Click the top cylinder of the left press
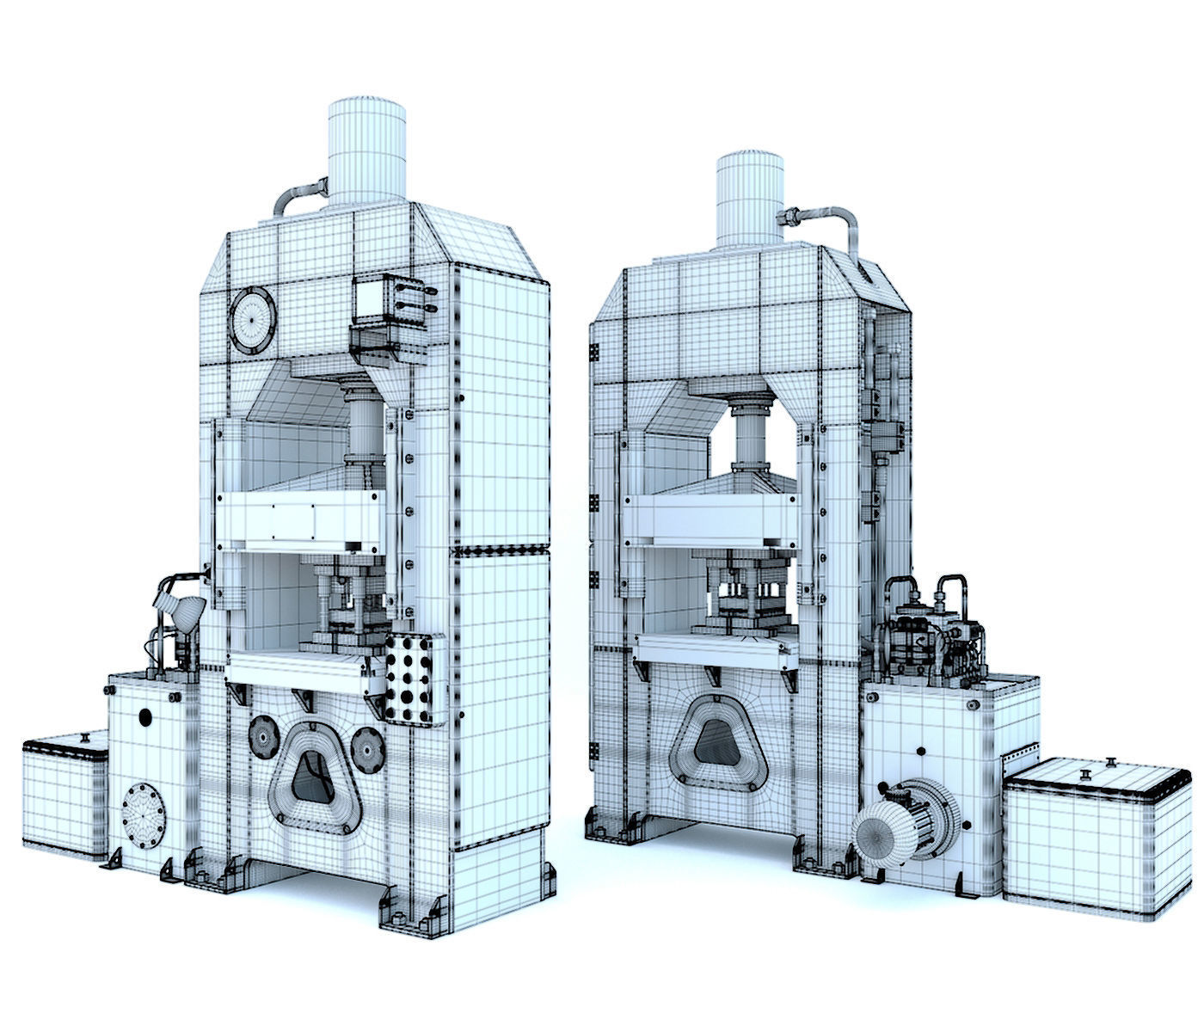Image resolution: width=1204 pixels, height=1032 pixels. coord(366,153)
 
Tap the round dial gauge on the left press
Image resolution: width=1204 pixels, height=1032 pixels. coord(252,319)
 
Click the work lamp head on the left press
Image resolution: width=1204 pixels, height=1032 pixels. coord(179,607)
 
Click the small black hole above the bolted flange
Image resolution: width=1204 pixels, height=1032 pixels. coord(144,716)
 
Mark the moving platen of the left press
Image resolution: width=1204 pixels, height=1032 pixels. coord(298,520)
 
